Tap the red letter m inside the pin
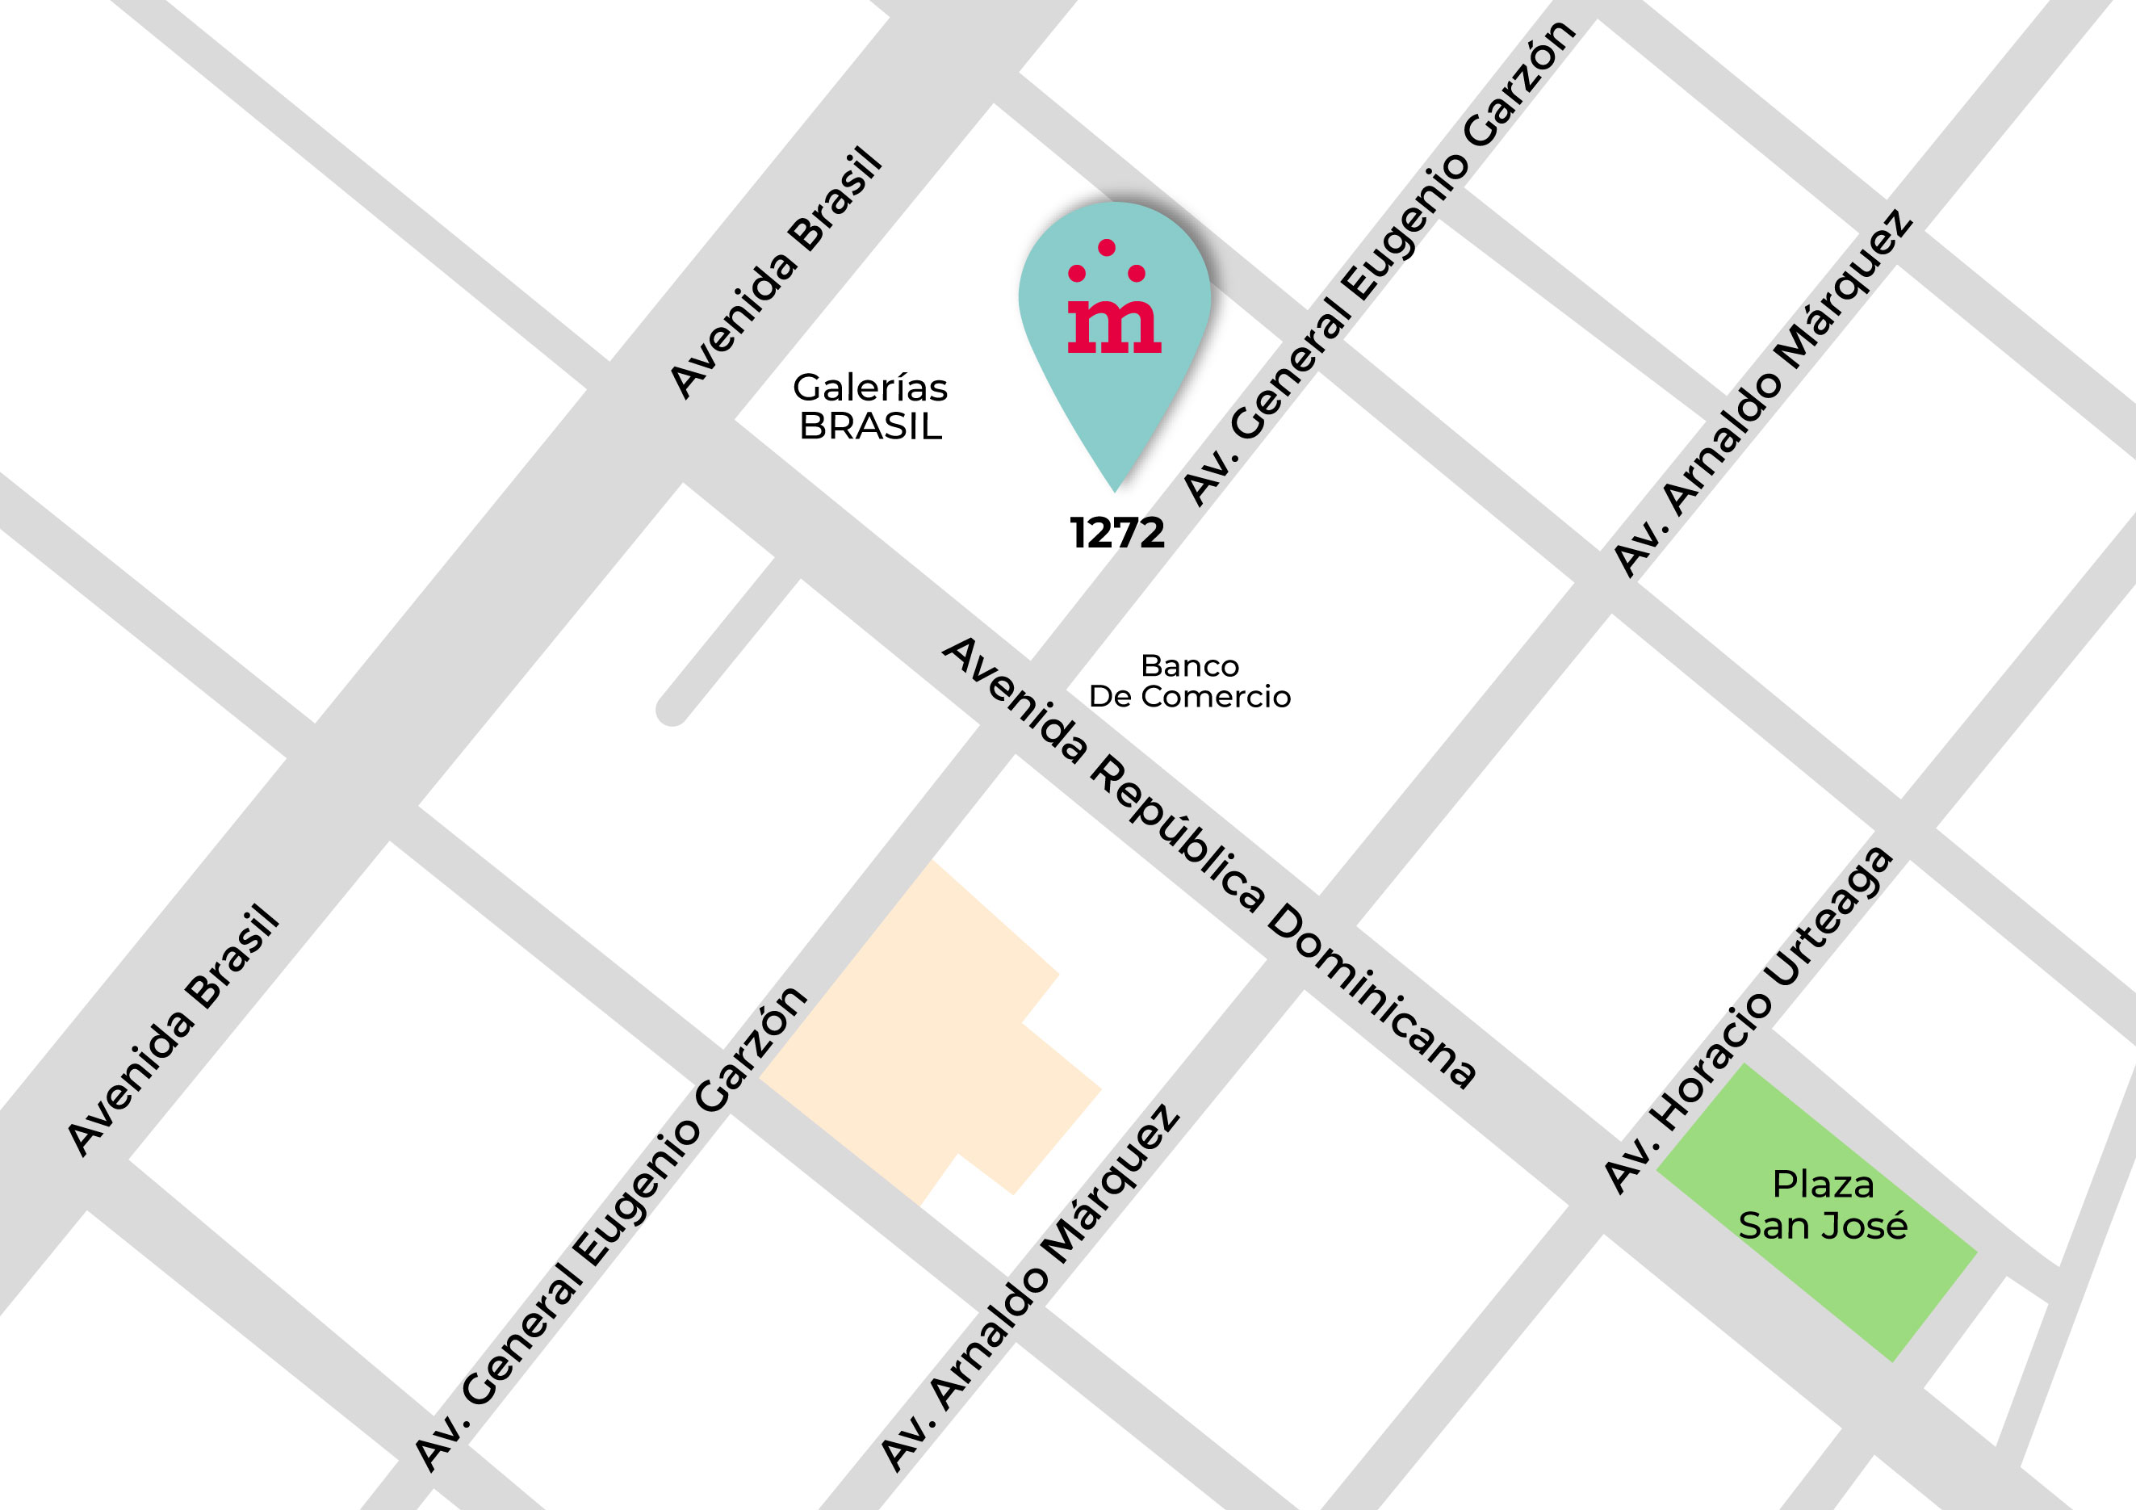[1113, 326]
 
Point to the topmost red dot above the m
[1106, 247]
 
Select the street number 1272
[1116, 533]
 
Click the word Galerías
[870, 388]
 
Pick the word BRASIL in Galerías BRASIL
[870, 426]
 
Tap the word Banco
[1189, 666]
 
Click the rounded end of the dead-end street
[671, 710]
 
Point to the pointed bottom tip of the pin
[1115, 489]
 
